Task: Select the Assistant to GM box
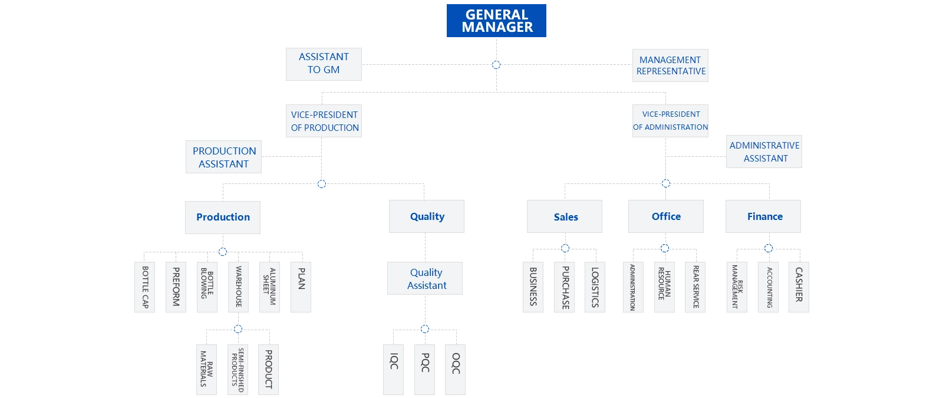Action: click(323, 64)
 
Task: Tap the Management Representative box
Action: click(671, 65)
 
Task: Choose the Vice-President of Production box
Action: click(324, 121)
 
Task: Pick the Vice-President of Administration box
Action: click(671, 121)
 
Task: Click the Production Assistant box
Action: click(224, 157)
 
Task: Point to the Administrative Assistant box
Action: click(764, 152)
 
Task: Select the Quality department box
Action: click(427, 216)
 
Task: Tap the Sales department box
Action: click(565, 216)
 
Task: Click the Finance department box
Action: click(764, 216)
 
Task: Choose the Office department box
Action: click(666, 216)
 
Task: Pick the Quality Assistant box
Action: click(426, 279)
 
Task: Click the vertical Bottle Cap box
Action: click(144, 287)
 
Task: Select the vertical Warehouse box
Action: click(238, 287)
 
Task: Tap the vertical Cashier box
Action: click(799, 286)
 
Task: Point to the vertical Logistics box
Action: click(595, 287)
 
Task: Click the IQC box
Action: click(394, 369)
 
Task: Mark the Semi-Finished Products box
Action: click(238, 370)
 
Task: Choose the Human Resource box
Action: click(664, 287)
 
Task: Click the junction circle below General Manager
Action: click(496, 65)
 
